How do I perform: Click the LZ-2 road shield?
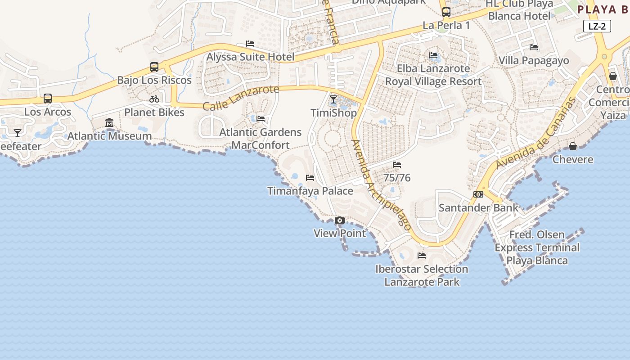597,26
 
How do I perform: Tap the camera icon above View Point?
340,220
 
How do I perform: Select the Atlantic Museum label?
109,136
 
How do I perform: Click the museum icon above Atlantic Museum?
109,122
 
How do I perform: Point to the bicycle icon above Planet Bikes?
154,99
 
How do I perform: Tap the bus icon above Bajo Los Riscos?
154,67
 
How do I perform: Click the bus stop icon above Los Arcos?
48,99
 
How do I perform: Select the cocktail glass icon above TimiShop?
333,99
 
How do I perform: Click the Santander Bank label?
478,208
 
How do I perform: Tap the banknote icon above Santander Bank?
478,194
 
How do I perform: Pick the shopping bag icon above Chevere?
573,146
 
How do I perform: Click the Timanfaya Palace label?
310,191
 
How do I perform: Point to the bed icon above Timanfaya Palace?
310,178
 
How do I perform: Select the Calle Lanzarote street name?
241,98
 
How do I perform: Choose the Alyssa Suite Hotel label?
250,57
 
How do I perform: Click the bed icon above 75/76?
397,165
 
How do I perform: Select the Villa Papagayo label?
534,60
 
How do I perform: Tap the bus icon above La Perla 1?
446,12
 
